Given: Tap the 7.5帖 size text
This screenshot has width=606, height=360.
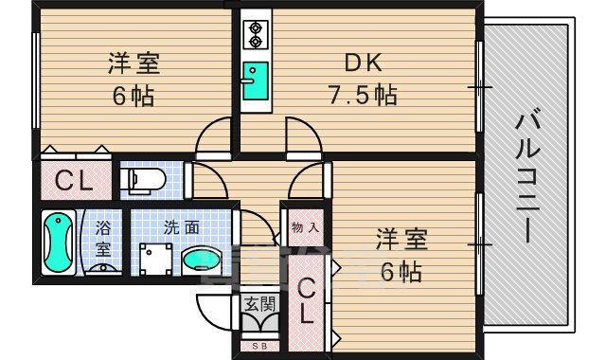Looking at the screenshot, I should tap(362, 95).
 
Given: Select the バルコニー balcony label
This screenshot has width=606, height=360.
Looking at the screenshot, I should tap(526, 176).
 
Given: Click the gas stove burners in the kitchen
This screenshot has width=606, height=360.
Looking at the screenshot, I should tap(254, 35).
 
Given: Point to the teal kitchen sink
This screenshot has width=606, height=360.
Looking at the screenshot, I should tap(254, 75).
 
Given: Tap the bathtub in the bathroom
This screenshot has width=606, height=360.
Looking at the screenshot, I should tap(60, 243).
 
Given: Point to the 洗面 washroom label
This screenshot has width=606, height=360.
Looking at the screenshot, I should tap(180, 227).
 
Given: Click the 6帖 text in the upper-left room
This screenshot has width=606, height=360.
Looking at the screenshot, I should tap(133, 96).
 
